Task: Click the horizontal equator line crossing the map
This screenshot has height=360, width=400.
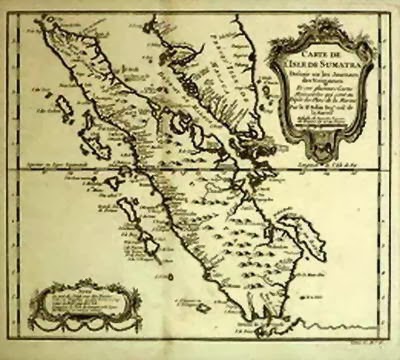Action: (200, 166)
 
